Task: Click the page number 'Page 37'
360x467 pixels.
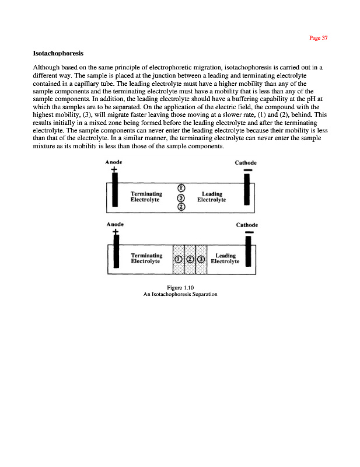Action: (x=318, y=38)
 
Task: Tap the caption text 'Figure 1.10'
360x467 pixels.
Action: (x=180, y=288)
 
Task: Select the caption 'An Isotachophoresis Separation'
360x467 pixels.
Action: (x=180, y=294)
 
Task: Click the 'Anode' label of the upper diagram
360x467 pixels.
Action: (x=114, y=162)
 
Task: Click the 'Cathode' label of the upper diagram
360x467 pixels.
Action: (x=246, y=162)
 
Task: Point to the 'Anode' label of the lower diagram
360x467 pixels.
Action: (x=115, y=224)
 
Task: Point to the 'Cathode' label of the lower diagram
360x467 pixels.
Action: (x=247, y=225)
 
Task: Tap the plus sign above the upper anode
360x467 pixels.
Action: (x=114, y=170)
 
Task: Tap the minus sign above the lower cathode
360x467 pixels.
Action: (x=249, y=233)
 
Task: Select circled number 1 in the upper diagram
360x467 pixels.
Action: (x=181, y=187)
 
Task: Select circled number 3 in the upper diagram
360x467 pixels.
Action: (x=181, y=197)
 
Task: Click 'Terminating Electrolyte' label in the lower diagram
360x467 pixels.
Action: (x=146, y=259)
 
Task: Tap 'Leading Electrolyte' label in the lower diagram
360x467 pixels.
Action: (x=225, y=259)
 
